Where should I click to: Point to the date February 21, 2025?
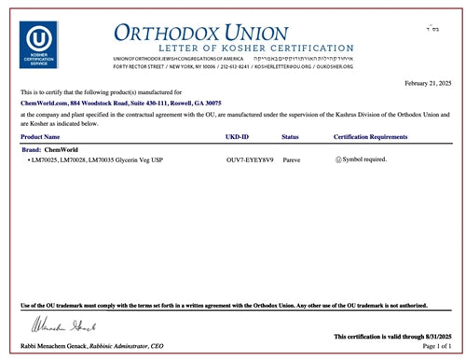(428, 84)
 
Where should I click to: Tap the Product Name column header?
(47, 138)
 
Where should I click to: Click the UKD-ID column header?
(239, 138)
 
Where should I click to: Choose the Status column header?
(290, 138)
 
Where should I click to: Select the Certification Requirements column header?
(370, 138)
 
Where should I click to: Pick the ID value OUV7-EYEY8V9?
(250, 160)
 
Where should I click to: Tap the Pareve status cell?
(291, 160)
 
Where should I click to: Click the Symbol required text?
(363, 160)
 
